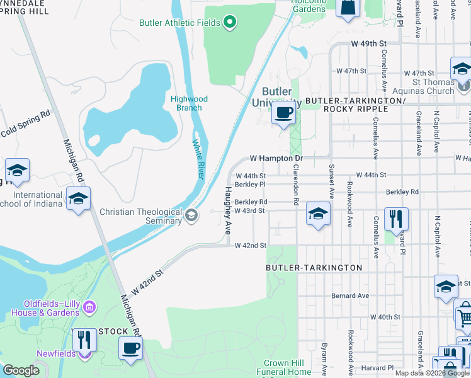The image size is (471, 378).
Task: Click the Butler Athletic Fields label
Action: [179, 23]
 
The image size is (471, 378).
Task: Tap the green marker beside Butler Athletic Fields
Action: [230, 23]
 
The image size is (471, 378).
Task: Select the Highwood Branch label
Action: [189, 103]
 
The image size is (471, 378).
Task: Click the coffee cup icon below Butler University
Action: [283, 114]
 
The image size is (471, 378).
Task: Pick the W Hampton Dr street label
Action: [276, 158]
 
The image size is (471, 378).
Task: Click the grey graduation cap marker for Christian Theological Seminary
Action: [191, 217]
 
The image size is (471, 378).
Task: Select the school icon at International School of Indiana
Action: [79, 199]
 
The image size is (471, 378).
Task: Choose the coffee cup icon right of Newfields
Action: [130, 348]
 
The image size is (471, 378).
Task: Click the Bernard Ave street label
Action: [351, 295]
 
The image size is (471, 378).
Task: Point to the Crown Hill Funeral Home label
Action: [287, 368]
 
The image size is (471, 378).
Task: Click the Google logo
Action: [21, 370]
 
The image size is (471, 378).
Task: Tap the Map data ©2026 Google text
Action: [433, 373]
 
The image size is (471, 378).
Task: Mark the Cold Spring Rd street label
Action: [25, 124]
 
